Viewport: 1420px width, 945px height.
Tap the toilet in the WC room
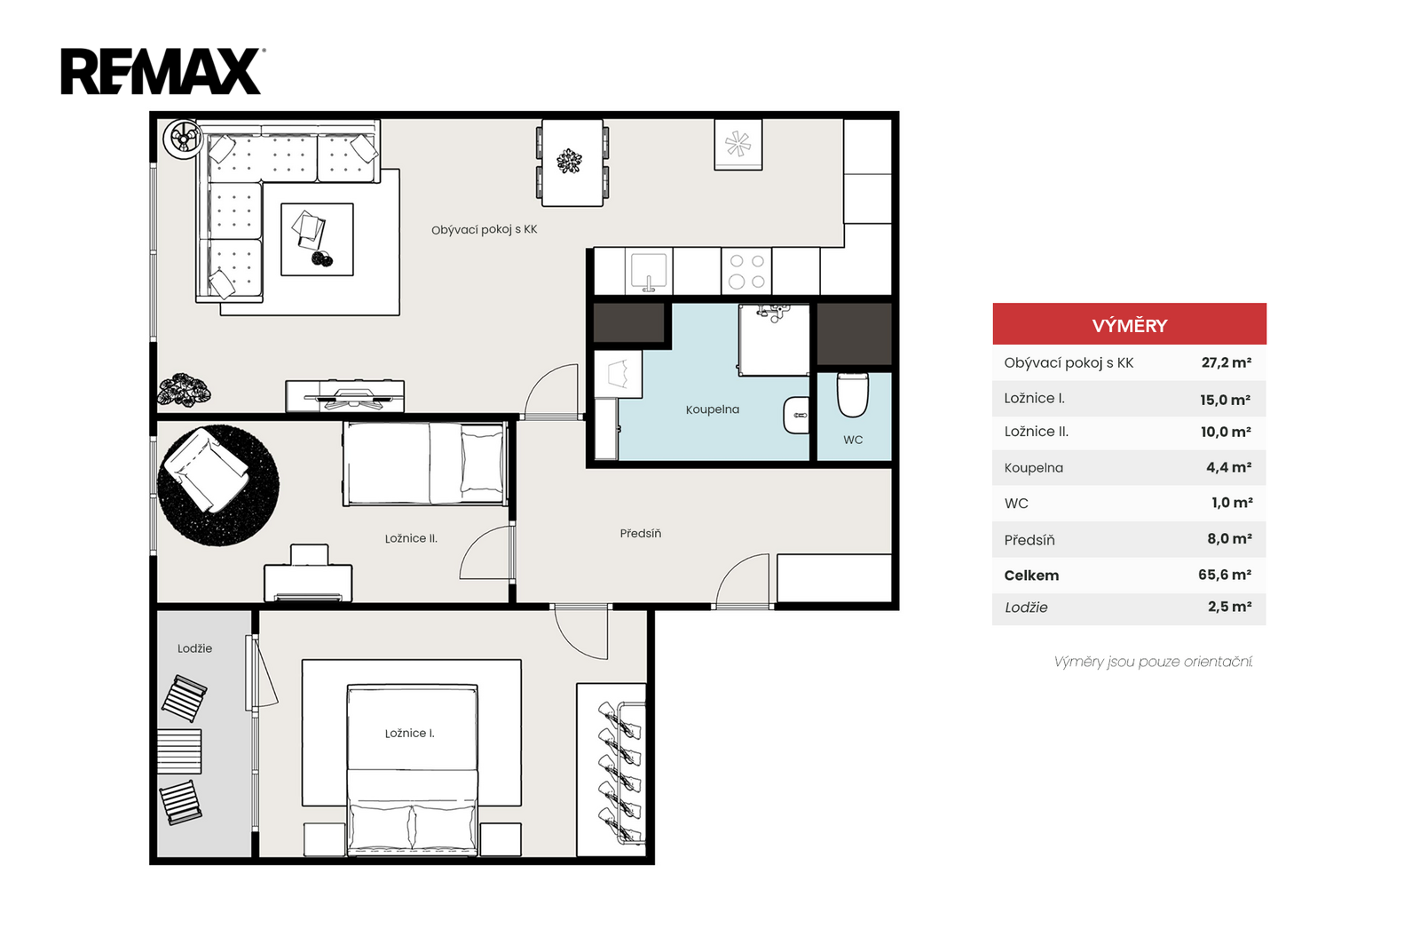pyautogui.click(x=853, y=394)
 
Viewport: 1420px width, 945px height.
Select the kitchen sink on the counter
pyautogui.click(x=649, y=272)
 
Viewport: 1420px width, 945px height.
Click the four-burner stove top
pyautogui.click(x=746, y=272)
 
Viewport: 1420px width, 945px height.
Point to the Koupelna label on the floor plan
pyautogui.click(x=713, y=409)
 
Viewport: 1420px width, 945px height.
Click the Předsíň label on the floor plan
pyautogui.click(x=640, y=534)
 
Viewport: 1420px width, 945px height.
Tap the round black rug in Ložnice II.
pyautogui.click(x=218, y=485)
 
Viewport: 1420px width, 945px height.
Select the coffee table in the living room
pyautogui.click(x=317, y=239)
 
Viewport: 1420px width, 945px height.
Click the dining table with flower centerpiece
pyautogui.click(x=572, y=163)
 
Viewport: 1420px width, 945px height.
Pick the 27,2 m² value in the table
pyautogui.click(x=1227, y=362)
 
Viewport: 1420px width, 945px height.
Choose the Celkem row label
pyautogui.click(x=1031, y=576)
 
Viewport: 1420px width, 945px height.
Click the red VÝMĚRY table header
pyautogui.click(x=1129, y=324)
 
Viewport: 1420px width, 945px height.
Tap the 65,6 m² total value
pyautogui.click(x=1225, y=575)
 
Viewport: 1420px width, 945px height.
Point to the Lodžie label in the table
pyautogui.click(x=1026, y=607)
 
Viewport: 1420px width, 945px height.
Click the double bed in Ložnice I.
pyautogui.click(x=412, y=770)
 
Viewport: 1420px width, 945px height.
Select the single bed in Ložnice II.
pyautogui.click(x=425, y=465)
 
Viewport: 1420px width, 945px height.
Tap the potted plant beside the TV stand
pyautogui.click(x=184, y=389)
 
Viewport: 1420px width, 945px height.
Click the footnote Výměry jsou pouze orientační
pyautogui.click(x=1153, y=663)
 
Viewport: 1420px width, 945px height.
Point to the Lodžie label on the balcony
pyautogui.click(x=194, y=649)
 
